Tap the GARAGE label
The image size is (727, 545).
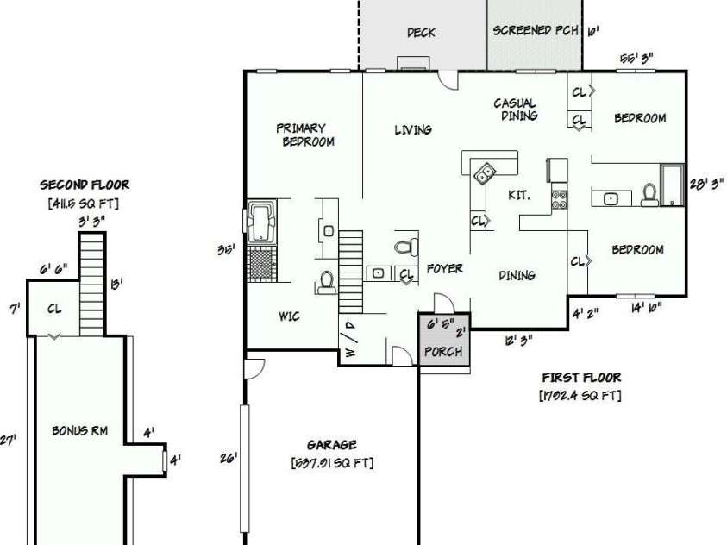click(331, 445)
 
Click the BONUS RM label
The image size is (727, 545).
click(79, 431)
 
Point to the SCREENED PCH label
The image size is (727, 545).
click(535, 31)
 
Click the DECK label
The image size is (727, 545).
click(421, 33)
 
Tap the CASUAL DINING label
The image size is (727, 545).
click(516, 110)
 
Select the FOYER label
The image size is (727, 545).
click(444, 269)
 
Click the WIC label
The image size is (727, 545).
click(289, 316)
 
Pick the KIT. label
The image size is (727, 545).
click(518, 196)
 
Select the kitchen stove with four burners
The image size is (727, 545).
click(559, 200)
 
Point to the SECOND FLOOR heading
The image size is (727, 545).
click(85, 185)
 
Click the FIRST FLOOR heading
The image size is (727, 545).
click(580, 378)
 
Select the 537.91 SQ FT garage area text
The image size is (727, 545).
click(332, 463)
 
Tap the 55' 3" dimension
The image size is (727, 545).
click(636, 58)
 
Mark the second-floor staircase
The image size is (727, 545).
click(91, 284)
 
